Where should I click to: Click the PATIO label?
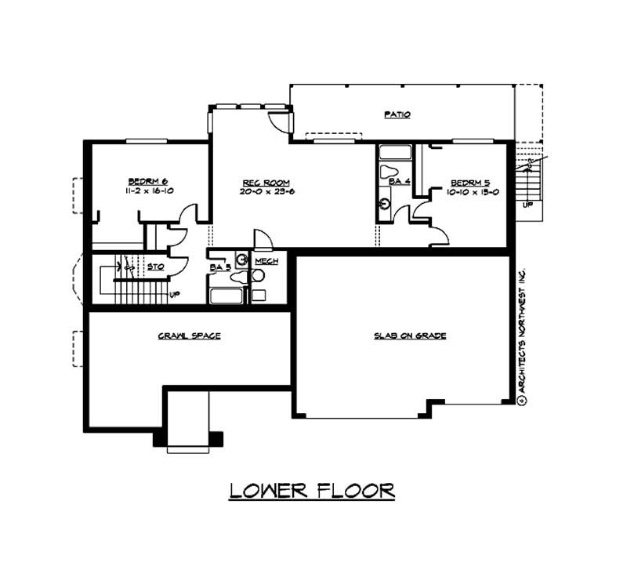(x=397, y=114)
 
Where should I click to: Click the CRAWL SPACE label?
(x=189, y=336)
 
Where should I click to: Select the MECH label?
(x=266, y=261)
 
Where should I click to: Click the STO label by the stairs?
(x=156, y=267)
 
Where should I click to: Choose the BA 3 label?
(x=219, y=267)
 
